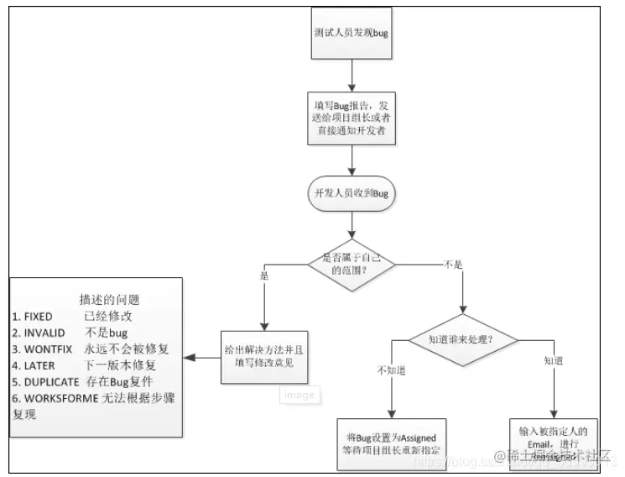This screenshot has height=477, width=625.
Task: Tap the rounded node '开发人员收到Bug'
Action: coord(352,192)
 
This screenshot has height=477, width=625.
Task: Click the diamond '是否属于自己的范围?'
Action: coord(352,265)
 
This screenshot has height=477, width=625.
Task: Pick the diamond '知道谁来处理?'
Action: coord(461,339)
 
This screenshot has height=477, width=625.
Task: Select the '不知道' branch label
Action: coord(391,370)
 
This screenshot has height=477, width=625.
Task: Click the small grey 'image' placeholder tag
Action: coord(299,395)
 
